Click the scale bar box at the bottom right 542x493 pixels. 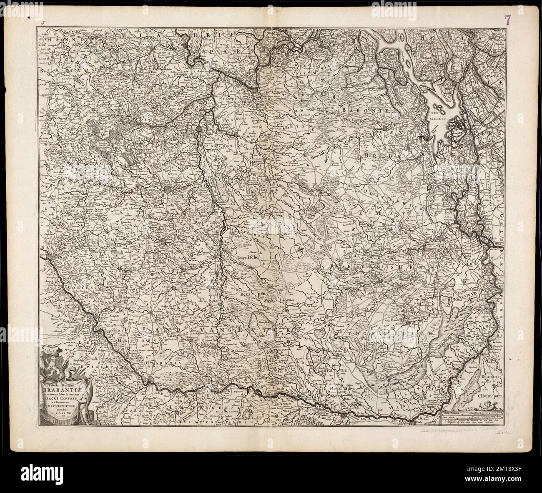pyautogui.click(x=472, y=418)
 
